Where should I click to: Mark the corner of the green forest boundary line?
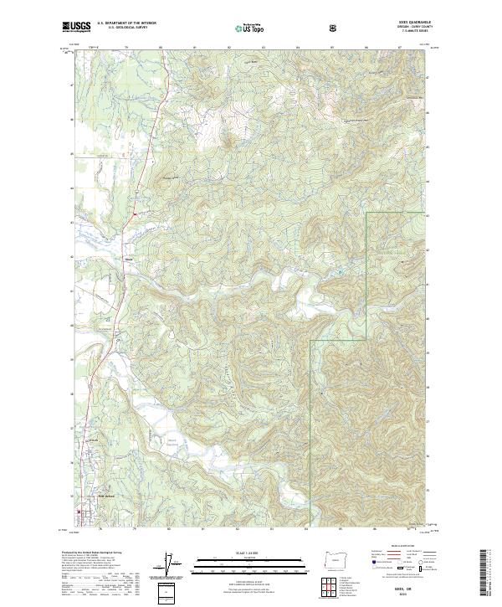click(367, 213)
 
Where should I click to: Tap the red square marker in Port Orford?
click(80, 512)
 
